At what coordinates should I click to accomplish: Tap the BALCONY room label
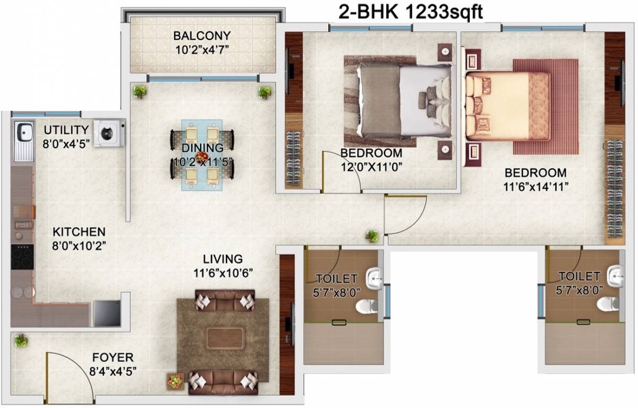(x=202, y=36)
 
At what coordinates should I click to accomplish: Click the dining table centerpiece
(x=201, y=157)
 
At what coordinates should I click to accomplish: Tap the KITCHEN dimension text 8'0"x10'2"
(x=79, y=246)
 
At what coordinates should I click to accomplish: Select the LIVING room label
(x=223, y=259)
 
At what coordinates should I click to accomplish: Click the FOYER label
(x=113, y=358)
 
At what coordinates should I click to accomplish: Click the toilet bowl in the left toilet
(x=365, y=305)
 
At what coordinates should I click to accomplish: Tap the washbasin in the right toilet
(x=616, y=275)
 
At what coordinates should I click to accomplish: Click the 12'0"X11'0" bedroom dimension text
(x=371, y=166)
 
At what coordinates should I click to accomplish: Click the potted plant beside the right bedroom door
(x=372, y=236)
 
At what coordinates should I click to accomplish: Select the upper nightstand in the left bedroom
(x=445, y=52)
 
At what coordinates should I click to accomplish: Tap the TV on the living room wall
(x=288, y=324)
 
